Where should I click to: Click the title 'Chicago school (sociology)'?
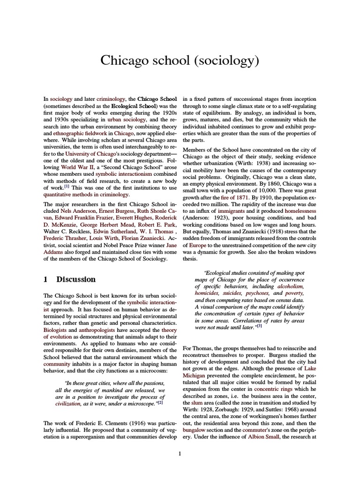[180, 61]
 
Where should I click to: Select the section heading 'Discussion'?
[76, 279]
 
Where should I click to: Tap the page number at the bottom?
[180, 454]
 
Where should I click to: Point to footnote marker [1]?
[67, 185]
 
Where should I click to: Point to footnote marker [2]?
[160, 402]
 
